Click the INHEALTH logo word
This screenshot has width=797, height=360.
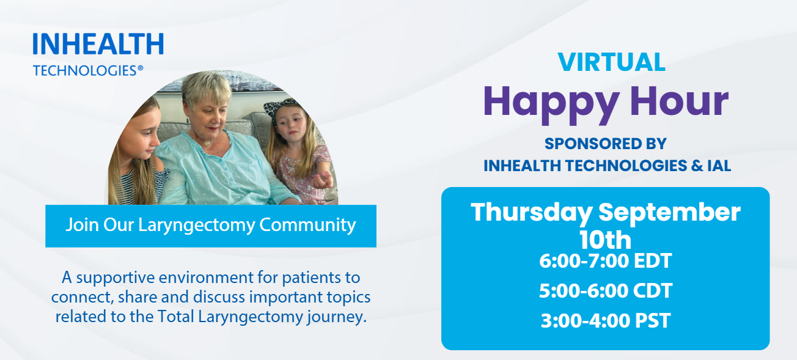tap(98, 44)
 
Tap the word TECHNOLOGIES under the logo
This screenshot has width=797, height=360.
tap(85, 71)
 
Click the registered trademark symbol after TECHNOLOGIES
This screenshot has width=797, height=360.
tap(140, 68)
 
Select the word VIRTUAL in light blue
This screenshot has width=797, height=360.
tap(612, 62)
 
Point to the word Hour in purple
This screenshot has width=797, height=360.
tap(680, 101)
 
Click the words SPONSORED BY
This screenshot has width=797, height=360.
tap(606, 144)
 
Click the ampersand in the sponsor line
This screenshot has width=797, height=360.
tap(697, 166)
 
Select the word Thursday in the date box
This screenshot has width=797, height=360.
tap(531, 212)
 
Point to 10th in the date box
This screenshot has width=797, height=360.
tap(606, 240)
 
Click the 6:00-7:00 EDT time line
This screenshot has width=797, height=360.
tap(606, 261)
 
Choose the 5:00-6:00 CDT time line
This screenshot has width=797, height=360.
tap(606, 291)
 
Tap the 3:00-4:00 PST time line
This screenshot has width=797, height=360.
tap(606, 320)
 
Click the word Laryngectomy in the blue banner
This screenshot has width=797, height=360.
tap(196, 226)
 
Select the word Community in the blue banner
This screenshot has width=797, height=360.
tap(307, 226)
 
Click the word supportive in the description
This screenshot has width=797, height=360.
tap(116, 278)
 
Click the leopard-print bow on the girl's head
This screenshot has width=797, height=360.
tap(281, 108)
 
